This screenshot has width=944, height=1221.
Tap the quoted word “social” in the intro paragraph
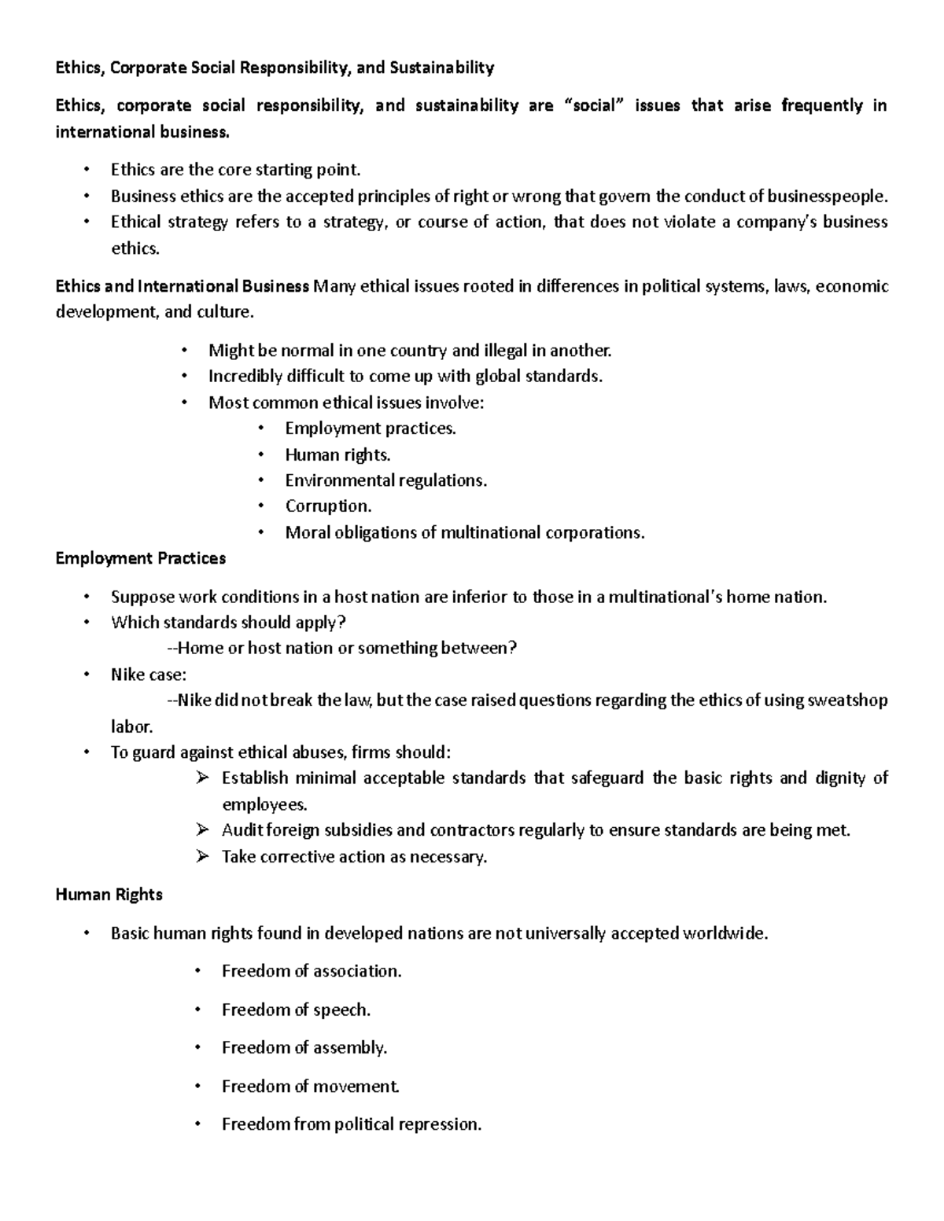click(593, 106)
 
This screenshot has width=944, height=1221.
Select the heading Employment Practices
click(140, 558)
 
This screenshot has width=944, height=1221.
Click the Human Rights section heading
click(109, 895)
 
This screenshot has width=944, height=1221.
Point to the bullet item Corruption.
click(327, 506)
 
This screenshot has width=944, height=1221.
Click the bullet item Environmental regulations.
click(385, 480)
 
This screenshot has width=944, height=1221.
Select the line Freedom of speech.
click(296, 1010)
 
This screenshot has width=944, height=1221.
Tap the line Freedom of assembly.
click(304, 1048)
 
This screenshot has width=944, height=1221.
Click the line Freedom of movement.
click(311, 1087)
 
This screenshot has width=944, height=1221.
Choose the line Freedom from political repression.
click(351, 1124)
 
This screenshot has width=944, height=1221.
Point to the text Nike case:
click(149, 675)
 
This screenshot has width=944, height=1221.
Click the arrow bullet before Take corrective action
click(202, 856)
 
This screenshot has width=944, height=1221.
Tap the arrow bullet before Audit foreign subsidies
click(202, 830)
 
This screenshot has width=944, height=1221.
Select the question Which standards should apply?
click(228, 623)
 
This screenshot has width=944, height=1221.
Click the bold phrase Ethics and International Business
click(182, 286)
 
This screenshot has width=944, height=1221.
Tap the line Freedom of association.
click(312, 971)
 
